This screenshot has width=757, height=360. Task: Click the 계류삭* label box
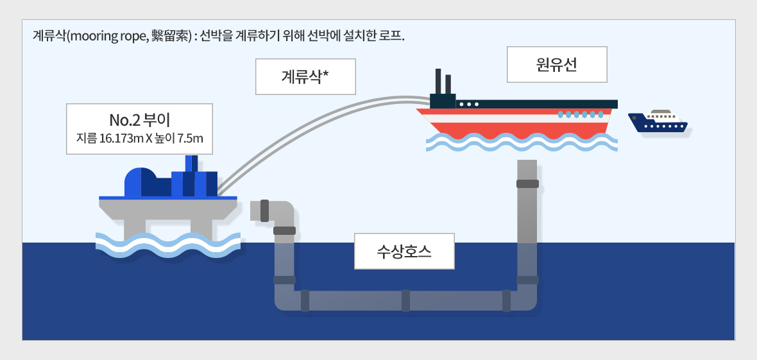305,77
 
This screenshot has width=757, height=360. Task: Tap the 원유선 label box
557,64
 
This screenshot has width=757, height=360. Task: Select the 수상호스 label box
404,250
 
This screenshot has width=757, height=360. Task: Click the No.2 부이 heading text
139,119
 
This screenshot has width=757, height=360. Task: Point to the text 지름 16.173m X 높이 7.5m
139,138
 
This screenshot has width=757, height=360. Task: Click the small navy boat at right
659,123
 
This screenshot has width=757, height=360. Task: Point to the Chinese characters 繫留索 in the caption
171,35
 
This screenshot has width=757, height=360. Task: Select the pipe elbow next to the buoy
280,212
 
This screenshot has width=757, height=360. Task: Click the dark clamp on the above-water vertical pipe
527,184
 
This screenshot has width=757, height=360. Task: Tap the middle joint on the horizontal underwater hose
405,300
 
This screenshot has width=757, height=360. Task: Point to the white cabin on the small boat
663,116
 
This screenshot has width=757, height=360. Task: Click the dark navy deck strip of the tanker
545,104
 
